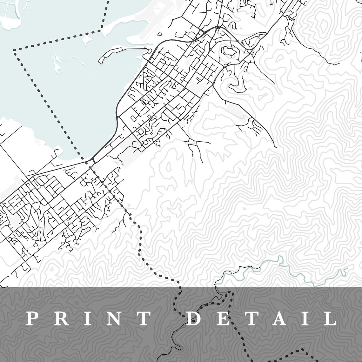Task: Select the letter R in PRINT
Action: [x=59, y=318]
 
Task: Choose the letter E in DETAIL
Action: [x=221, y=318]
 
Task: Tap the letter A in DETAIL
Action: [x=279, y=318]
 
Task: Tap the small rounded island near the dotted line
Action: [x=86, y=39]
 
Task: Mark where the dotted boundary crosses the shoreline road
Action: [x=86, y=162]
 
